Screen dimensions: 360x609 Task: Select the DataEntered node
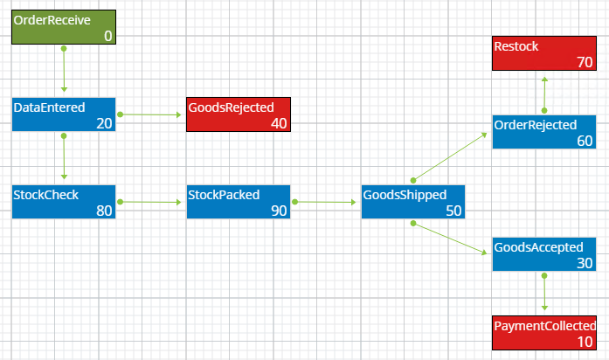63,114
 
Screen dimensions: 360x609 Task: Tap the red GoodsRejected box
238,114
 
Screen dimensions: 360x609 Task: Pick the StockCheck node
63,202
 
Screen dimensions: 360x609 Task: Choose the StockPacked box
238,202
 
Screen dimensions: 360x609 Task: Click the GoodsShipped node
412,202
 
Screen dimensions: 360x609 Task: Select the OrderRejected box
543,132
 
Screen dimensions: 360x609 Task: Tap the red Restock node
543,53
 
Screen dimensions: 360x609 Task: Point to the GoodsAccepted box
543,254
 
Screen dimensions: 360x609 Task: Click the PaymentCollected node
543,333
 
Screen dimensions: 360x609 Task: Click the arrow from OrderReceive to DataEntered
63,70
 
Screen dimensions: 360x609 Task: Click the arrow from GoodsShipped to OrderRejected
450,156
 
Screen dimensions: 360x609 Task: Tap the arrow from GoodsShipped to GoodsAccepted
450,239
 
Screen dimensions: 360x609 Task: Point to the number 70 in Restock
585,63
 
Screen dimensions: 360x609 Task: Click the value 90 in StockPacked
279,211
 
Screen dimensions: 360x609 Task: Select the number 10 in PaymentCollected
585,342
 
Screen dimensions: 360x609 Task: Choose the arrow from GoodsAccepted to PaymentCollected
544,293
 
